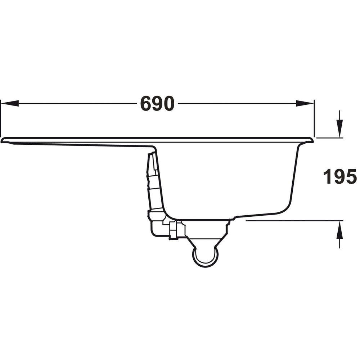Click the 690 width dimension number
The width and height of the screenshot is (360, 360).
coord(157,104)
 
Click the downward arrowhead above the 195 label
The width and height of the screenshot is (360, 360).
coord(339,130)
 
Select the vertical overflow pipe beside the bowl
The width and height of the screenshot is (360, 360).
coord(153,180)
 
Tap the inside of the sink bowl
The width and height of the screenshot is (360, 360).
coord(230,180)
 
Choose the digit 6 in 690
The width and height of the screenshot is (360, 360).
coord(146,104)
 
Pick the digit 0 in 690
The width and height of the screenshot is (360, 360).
coord(168,104)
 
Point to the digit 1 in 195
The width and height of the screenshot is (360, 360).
coord(327,177)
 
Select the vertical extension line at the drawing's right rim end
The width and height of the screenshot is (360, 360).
coord(314,119)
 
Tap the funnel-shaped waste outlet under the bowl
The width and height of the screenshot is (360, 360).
coord(206,238)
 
